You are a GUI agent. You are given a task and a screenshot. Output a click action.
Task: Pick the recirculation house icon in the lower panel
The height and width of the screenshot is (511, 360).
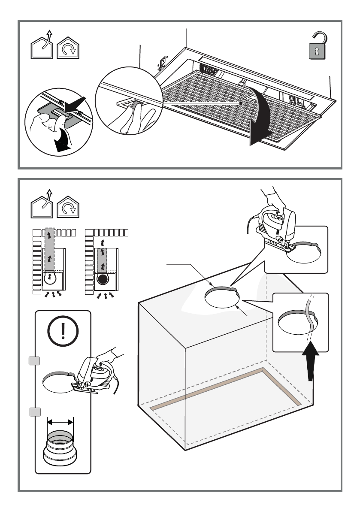point(68,208)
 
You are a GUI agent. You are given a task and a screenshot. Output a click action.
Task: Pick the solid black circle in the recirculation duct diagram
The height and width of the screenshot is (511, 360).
point(102,280)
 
